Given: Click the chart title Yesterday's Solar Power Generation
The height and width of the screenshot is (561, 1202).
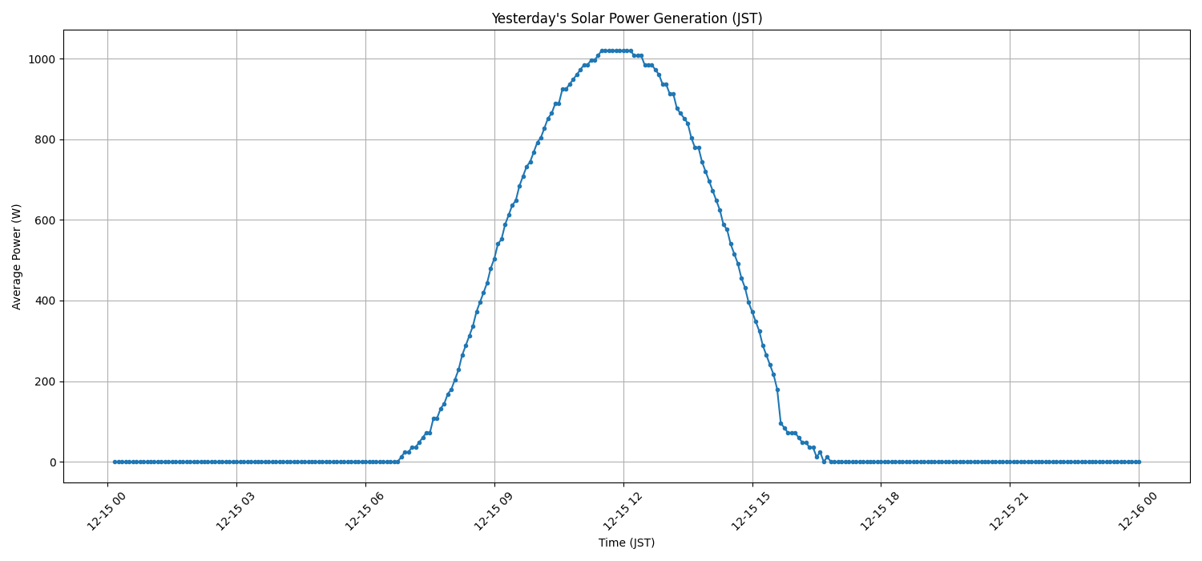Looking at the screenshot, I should (627, 18).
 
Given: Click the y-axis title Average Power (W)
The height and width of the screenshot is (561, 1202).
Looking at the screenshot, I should (17, 256).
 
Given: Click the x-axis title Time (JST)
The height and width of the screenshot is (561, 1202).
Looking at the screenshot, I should (627, 543).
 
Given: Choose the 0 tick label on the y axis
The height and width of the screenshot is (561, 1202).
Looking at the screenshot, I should (51, 462).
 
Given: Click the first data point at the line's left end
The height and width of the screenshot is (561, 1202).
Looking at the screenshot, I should (115, 462).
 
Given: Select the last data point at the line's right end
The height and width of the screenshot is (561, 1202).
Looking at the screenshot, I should (1139, 462).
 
